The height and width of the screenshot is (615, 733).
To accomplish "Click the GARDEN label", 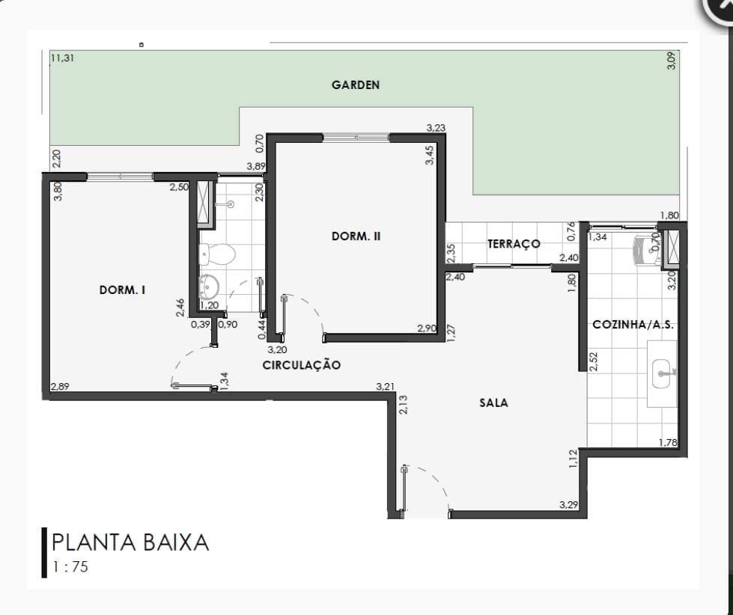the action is tap(356, 85).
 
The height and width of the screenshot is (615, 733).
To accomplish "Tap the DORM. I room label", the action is tap(123, 290).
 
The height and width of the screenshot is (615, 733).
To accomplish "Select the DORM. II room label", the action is tap(356, 236).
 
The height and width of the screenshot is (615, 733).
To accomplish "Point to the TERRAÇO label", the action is tap(514, 244).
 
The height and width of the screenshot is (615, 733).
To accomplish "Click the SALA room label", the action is tap(493, 403).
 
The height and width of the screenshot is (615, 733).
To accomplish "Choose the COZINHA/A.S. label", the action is tap(633, 325).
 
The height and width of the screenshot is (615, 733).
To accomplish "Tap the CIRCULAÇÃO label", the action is tap(302, 365).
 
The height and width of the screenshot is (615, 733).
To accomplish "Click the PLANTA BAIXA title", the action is tap(130, 542).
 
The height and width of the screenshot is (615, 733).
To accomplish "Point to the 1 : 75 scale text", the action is tap(70, 566).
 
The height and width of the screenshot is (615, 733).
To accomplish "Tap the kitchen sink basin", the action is tap(661, 373).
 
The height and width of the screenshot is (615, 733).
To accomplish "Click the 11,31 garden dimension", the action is tap(62, 58).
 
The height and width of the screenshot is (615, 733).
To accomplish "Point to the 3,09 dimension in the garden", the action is tap(671, 61).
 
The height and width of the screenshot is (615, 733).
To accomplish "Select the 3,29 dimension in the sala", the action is tap(568, 505).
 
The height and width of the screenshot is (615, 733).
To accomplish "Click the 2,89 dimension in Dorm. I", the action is tap(60, 386).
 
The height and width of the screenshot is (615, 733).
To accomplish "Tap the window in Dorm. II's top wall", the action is tap(356, 137).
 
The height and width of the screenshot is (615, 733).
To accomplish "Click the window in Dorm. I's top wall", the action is tap(120, 177).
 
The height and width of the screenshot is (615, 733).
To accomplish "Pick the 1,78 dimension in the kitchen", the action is tap(668, 441).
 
